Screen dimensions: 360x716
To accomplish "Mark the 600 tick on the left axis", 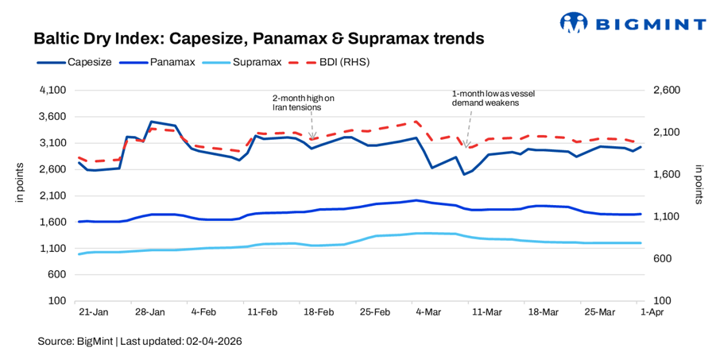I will (56, 275).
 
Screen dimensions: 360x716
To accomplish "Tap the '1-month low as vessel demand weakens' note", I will (485, 98).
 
